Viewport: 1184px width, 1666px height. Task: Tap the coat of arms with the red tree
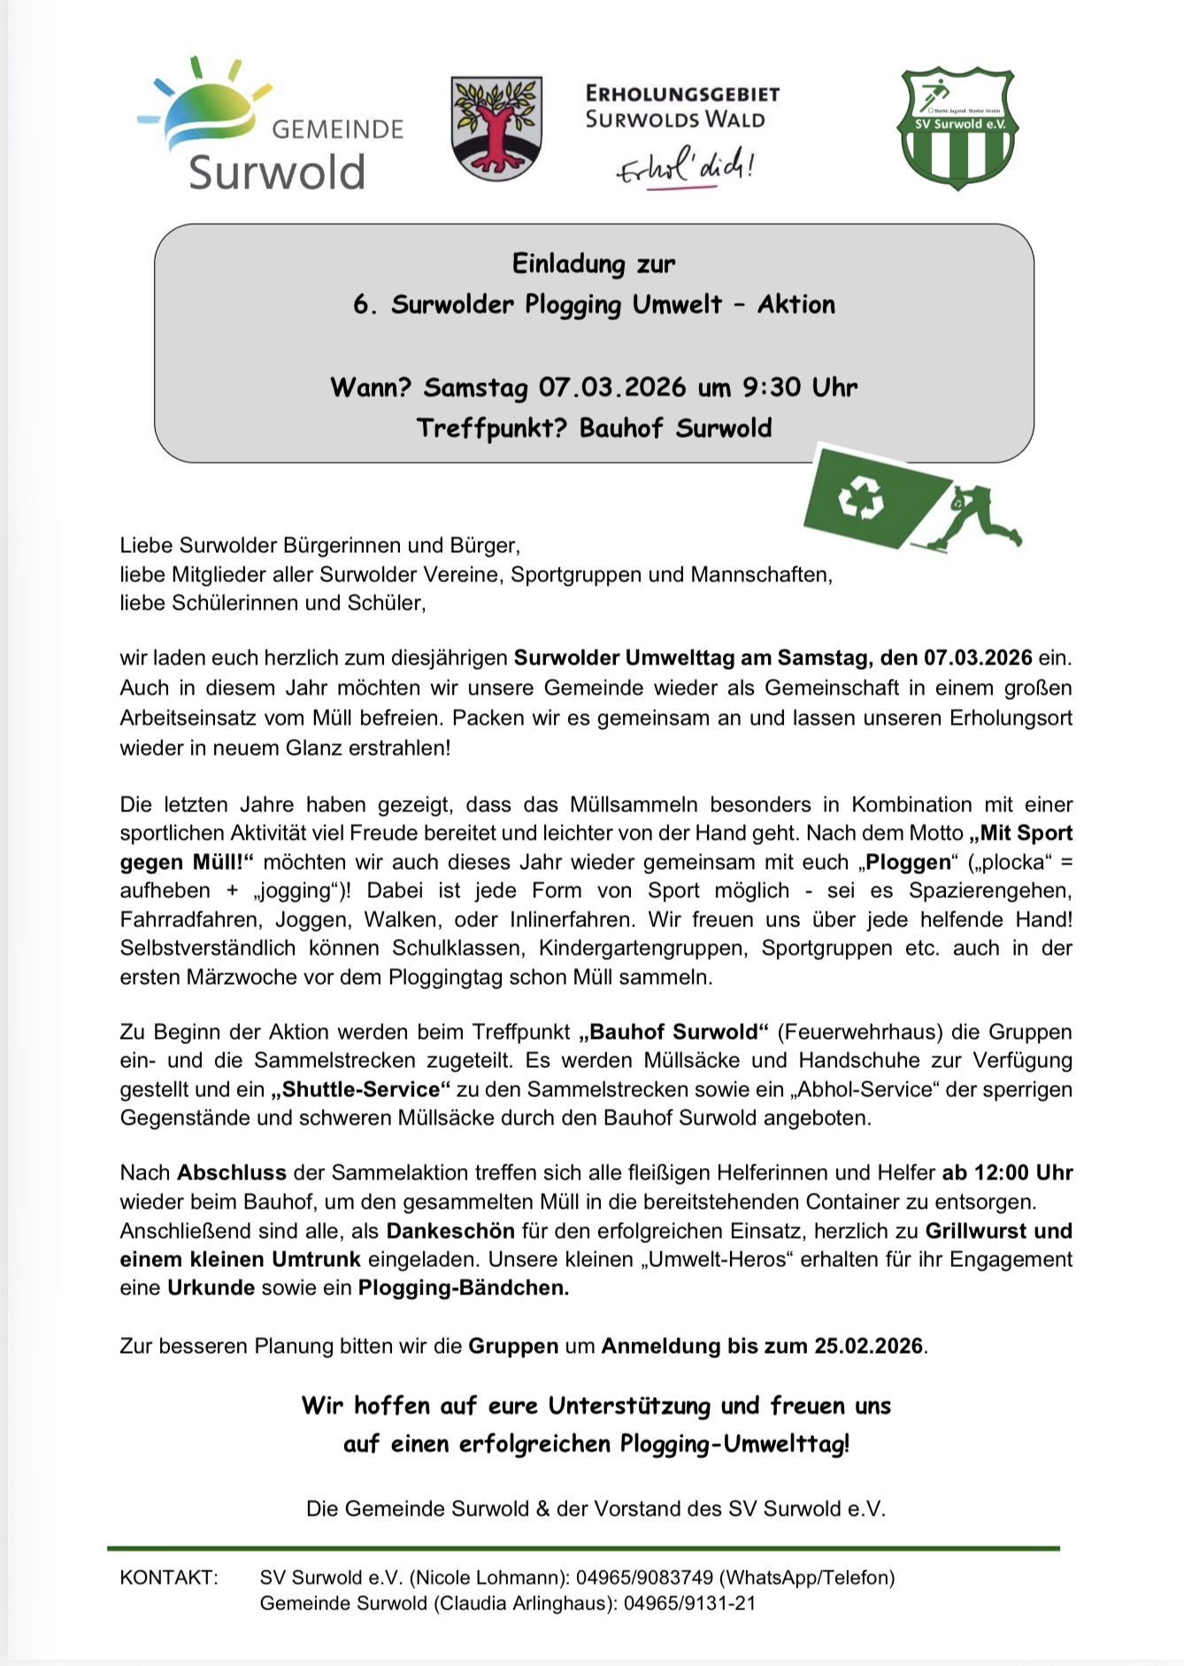point(496,127)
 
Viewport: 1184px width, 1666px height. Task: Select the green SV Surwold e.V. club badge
point(958,128)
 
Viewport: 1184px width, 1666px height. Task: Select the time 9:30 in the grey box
point(773,388)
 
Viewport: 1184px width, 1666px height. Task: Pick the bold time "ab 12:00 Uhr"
point(1007,1173)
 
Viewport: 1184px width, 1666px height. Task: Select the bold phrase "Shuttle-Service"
point(360,1089)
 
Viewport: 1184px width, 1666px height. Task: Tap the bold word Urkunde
point(211,1287)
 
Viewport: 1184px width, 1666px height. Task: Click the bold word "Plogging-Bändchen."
point(463,1287)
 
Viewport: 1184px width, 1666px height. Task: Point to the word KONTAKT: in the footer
point(169,1578)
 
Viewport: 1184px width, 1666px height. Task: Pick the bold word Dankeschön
point(450,1231)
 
